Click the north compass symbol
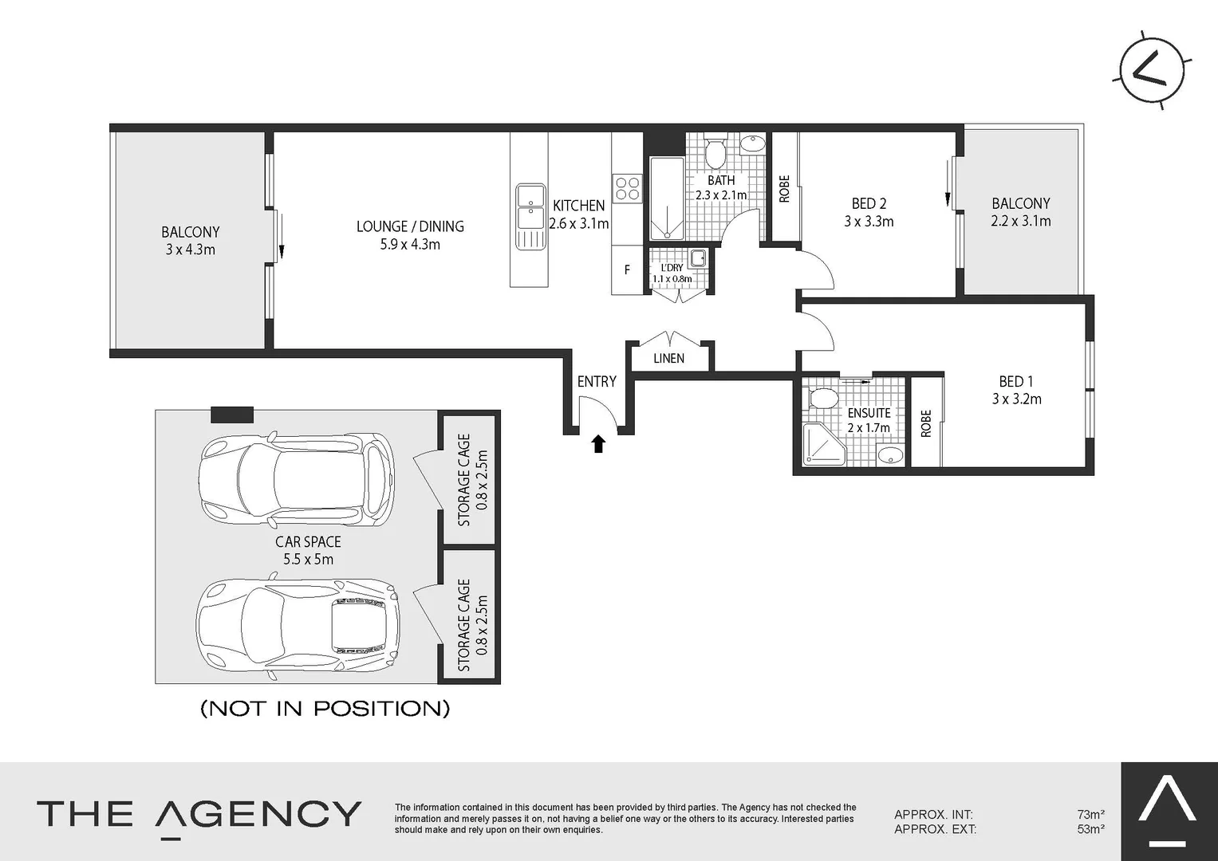tap(1153, 71)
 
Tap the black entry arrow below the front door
tap(598, 444)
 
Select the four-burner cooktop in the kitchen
tap(627, 189)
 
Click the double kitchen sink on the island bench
tap(530, 206)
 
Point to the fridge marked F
tap(627, 270)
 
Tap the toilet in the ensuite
tap(820, 398)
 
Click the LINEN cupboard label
tap(668, 359)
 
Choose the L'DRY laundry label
tap(672, 268)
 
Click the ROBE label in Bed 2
tap(784, 189)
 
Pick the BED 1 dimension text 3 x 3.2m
tap(1016, 399)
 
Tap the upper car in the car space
tap(296, 479)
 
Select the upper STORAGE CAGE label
tap(463, 480)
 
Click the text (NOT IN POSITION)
tap(325, 708)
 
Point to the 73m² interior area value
tap(1090, 815)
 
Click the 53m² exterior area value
tap(1090, 829)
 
